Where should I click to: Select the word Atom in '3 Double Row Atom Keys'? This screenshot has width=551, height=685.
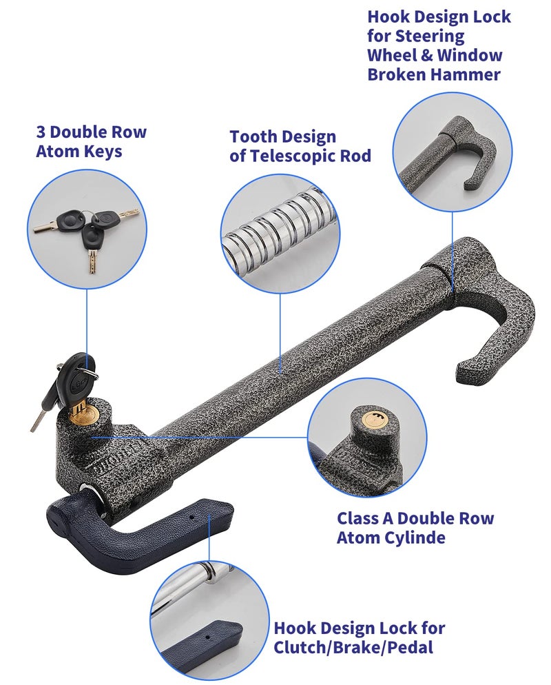tap(55, 151)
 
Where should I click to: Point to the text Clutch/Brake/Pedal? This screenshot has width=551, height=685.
tap(353, 647)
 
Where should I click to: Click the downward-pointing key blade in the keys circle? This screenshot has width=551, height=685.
tap(93, 261)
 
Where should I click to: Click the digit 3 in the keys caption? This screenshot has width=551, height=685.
tap(41, 132)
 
